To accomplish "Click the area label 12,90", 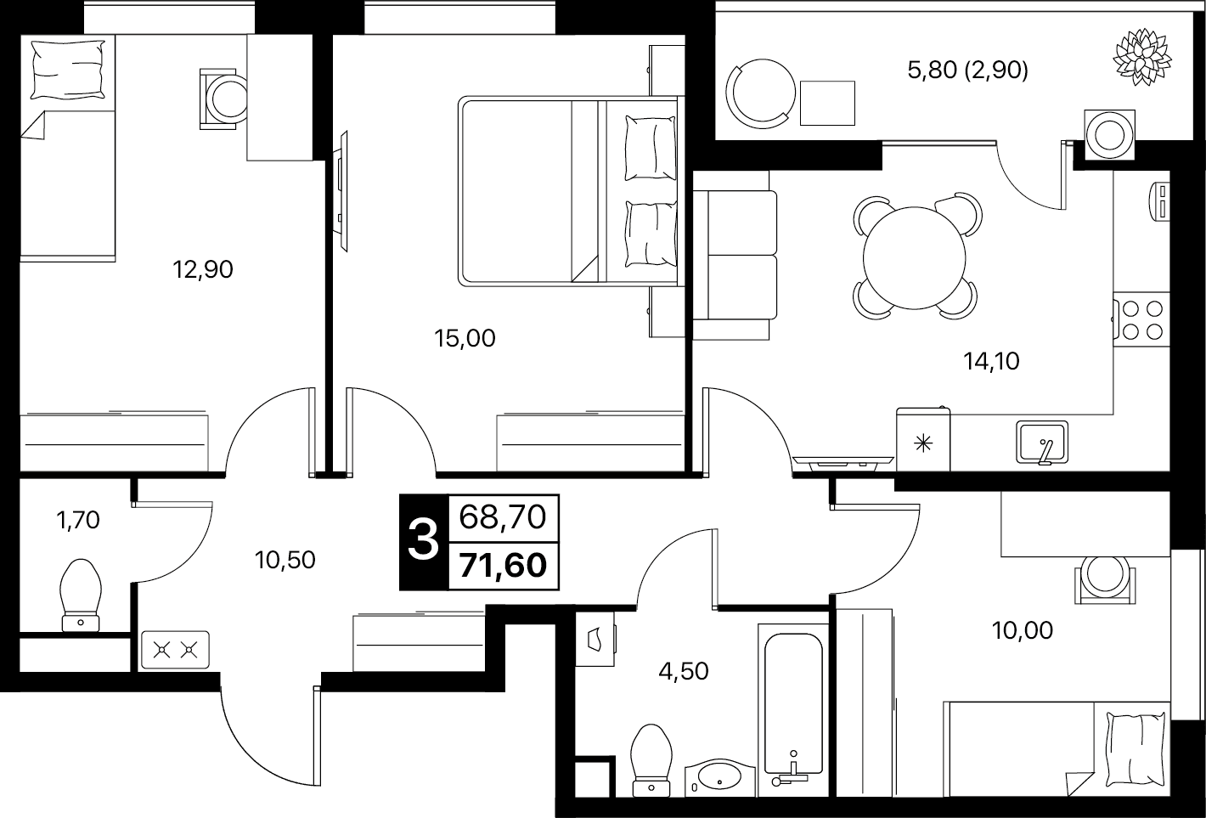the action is pyautogui.click(x=203, y=269).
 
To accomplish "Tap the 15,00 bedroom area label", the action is pyautogui.click(x=465, y=338).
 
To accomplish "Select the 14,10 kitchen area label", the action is pyautogui.click(x=991, y=361).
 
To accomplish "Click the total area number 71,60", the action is pyautogui.click(x=503, y=566).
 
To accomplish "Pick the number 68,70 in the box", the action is pyautogui.click(x=503, y=517).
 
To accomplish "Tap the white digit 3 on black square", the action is pyautogui.click(x=423, y=541).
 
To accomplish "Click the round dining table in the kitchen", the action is pyautogui.click(x=915, y=258).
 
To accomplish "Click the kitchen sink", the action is pyautogui.click(x=1042, y=442).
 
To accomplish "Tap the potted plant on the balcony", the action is pyautogui.click(x=1142, y=57).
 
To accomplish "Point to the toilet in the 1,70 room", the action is pyautogui.click(x=81, y=595).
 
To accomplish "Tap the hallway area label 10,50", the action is pyautogui.click(x=285, y=560).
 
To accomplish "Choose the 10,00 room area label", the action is pyautogui.click(x=1022, y=630).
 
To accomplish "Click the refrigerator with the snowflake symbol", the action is pyautogui.click(x=923, y=439).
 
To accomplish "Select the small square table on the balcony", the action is pyautogui.click(x=827, y=103).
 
